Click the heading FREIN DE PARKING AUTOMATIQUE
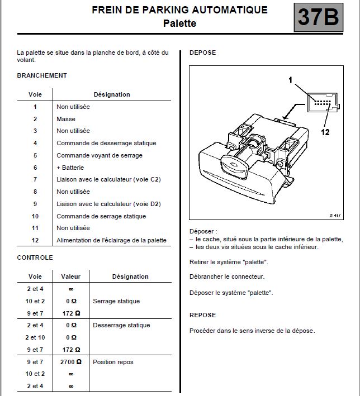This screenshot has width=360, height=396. (x=179, y=10)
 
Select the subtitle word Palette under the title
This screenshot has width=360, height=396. (x=179, y=23)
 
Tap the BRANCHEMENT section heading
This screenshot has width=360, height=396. (x=42, y=75)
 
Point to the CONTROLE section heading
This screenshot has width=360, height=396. (x=35, y=257)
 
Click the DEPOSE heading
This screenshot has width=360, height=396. (x=202, y=53)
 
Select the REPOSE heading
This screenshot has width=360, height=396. (x=202, y=315)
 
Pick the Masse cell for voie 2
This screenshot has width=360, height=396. (x=66, y=119)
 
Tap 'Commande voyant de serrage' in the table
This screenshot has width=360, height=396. (x=100, y=155)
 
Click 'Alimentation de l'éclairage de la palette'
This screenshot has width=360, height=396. (x=111, y=241)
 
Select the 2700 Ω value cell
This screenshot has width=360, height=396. (x=71, y=362)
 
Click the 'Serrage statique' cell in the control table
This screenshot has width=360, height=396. (x=116, y=301)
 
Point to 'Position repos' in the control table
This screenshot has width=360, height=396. (x=113, y=362)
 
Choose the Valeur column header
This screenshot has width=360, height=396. (x=71, y=276)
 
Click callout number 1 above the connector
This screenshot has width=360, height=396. (x=291, y=80)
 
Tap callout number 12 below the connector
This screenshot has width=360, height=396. (x=325, y=132)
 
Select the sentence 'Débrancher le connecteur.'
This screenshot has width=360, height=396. (x=227, y=276)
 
